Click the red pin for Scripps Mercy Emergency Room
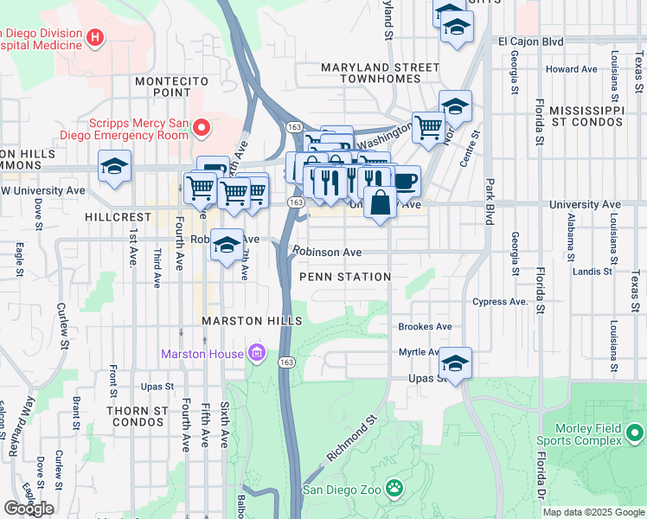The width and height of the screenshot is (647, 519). pos(202,129)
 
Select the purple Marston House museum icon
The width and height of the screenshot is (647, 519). pos(256,353)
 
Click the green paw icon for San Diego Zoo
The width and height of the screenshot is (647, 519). pos(394,490)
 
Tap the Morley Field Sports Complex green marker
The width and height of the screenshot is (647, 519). pos(635,432)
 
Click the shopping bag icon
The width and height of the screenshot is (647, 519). pos(380,203)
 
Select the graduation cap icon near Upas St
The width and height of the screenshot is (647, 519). pos(455,362)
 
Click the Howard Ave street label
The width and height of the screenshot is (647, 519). pos(572,69)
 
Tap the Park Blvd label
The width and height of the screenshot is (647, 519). pos(489,202)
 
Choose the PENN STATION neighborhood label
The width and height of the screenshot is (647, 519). pos(345,277)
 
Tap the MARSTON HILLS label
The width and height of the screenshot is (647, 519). pos(244,321)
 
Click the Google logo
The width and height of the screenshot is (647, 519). pos(29,509)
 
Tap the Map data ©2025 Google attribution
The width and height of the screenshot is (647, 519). pos(593,512)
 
